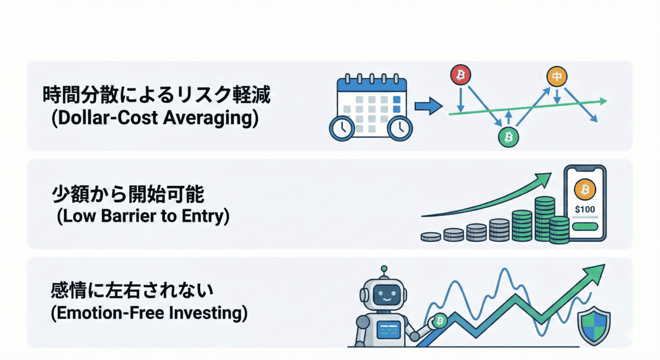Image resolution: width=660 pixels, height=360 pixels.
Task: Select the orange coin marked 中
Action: coord(557,76)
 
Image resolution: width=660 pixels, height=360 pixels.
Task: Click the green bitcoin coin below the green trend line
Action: coord(508,136)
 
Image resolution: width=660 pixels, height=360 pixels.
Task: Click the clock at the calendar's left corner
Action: coord(342,128)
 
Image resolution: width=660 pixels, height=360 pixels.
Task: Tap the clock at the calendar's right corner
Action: coord(399,128)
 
